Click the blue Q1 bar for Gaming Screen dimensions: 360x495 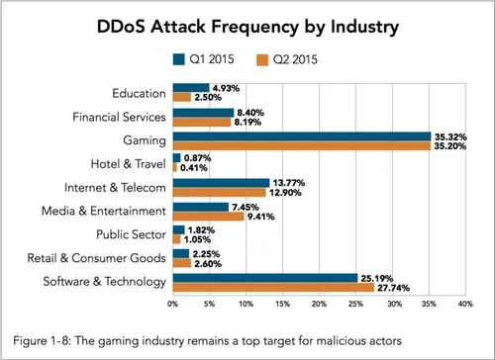pyautogui.click(x=302, y=135)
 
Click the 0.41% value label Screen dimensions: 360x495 pyautogui.click(x=194, y=168)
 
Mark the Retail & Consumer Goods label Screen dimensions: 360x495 pyautogui.click(x=103, y=258)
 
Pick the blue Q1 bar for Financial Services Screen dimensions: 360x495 pyautogui.click(x=203, y=111)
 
